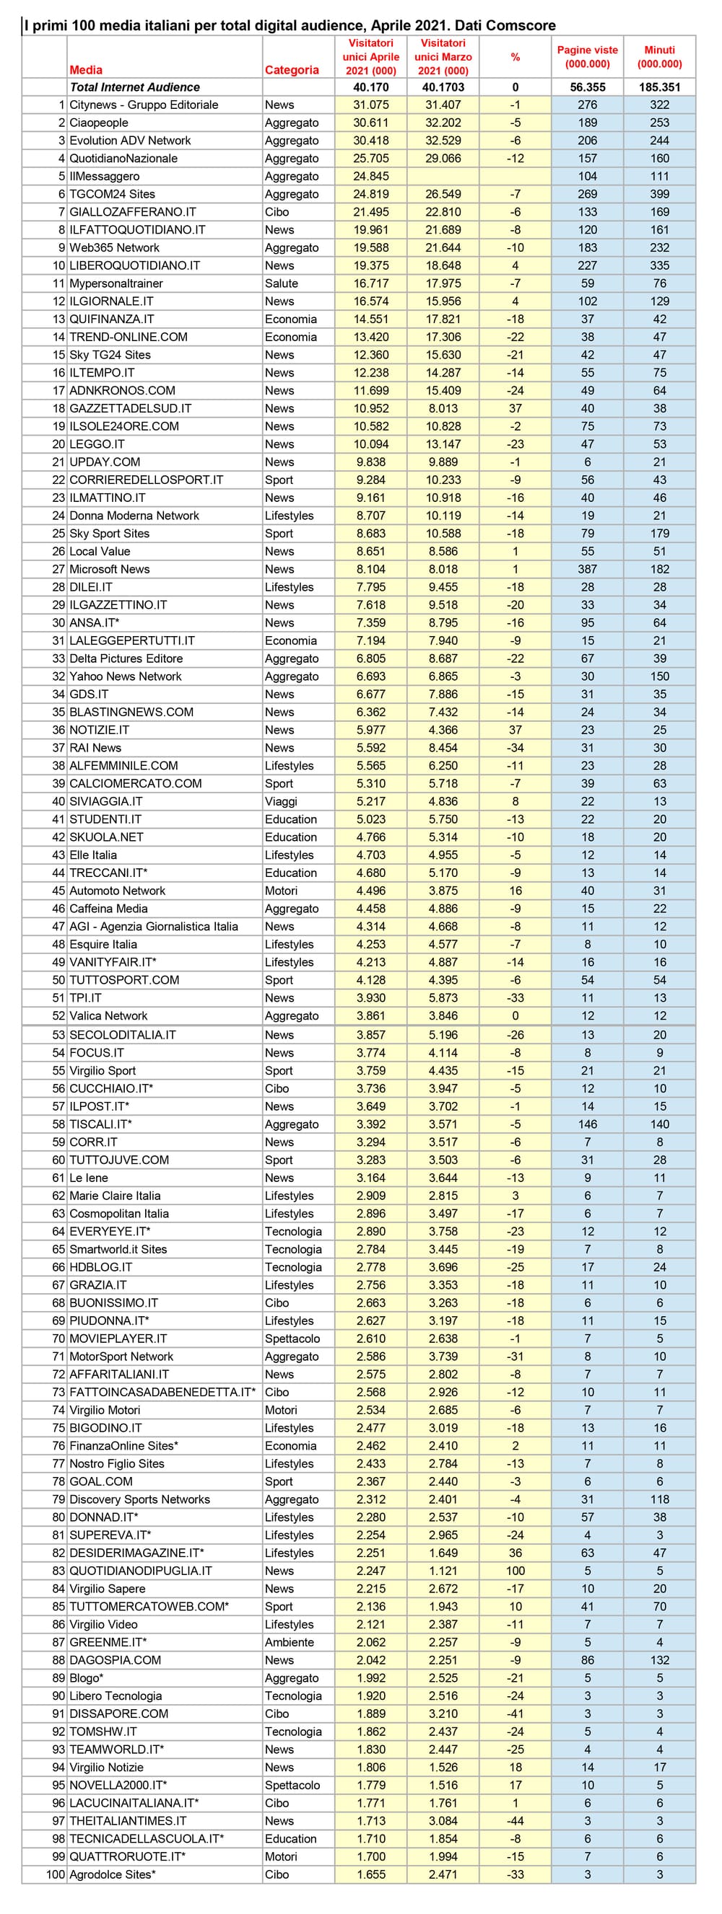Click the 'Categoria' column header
coord(292,70)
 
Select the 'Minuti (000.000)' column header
coord(658,56)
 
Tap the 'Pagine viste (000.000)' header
coord(587,56)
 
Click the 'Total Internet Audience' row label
coord(134,87)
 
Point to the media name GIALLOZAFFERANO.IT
coord(132,212)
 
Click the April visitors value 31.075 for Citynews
coord(370,105)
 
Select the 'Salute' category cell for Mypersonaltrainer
coord(281,283)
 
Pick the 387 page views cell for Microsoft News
coord(587,569)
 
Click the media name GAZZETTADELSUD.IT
coord(130,408)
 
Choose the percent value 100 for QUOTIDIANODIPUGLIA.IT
coord(515,1571)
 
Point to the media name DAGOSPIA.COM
coord(115,1660)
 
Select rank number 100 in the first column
coord(55,1874)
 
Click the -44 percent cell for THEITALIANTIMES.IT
coord(515,1821)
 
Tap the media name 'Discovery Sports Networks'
coord(139,1499)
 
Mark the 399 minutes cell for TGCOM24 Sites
coord(658,194)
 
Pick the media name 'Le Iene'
coord(89,1178)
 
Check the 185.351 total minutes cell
coord(658,87)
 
